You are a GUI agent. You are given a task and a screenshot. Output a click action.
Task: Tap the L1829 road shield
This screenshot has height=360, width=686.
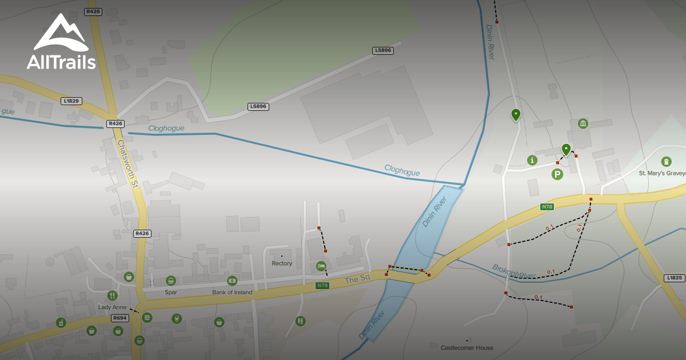point(71,101)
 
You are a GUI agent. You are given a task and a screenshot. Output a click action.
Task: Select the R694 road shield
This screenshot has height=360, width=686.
point(119,318)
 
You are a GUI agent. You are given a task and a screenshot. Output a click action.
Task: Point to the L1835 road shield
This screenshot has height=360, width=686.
point(675,278)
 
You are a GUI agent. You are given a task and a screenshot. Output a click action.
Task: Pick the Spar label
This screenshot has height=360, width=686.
point(170,293)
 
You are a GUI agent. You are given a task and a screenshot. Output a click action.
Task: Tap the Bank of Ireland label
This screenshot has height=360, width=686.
point(232,293)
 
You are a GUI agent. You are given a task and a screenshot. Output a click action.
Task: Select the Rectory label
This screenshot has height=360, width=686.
point(282,263)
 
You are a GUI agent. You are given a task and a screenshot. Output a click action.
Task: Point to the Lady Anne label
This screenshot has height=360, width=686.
point(112,307)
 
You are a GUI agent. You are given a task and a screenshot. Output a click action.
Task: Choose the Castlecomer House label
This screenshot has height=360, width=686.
point(467,347)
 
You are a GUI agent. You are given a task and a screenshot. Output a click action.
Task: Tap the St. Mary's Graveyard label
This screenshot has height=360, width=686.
point(662,173)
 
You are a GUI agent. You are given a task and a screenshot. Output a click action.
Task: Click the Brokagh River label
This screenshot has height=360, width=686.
point(514,271)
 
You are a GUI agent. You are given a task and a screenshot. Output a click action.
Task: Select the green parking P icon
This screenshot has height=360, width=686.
point(557,174)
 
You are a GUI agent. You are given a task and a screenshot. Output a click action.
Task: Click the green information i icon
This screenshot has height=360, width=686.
point(533,160)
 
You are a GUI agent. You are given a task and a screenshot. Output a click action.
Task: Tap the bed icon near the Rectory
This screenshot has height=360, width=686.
point(321,266)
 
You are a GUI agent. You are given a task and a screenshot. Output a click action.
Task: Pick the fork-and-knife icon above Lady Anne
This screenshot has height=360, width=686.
point(112,295)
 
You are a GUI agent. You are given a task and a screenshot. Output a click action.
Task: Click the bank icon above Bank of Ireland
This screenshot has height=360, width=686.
point(232,281)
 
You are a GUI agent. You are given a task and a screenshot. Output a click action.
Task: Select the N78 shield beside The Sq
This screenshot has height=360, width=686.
point(323,285)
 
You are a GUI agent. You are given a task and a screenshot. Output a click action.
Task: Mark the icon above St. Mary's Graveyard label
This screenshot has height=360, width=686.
point(666,162)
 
